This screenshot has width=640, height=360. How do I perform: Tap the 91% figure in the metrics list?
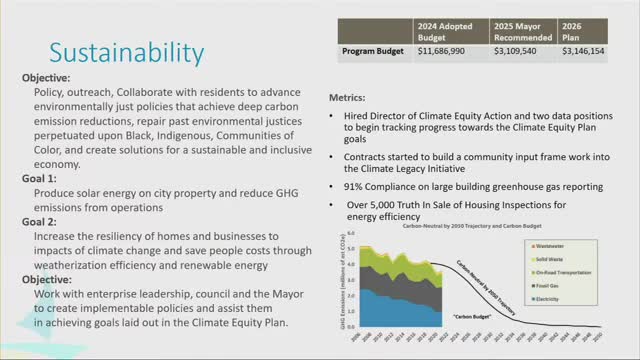pyautogui.click(x=354, y=186)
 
